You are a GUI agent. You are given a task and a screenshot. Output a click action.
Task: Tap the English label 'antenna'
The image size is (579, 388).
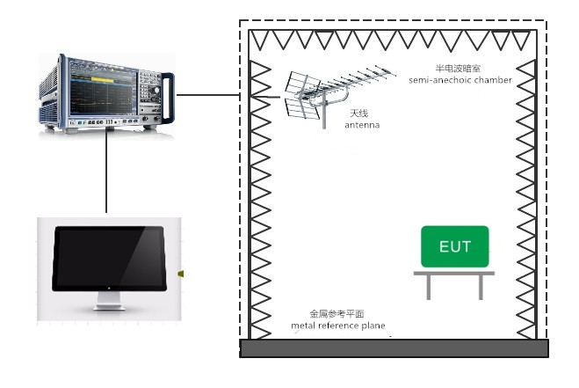click(x=362, y=125)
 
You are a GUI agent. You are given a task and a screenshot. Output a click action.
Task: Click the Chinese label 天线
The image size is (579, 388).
click(x=358, y=113)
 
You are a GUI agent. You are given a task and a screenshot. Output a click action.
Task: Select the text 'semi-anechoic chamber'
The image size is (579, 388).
click(x=460, y=81)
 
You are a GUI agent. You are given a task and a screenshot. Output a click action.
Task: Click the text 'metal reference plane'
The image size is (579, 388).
click(x=338, y=326)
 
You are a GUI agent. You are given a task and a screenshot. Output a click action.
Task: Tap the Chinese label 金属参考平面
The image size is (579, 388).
click(x=336, y=313)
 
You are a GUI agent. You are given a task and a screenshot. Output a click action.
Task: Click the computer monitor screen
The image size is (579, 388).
click(x=109, y=257)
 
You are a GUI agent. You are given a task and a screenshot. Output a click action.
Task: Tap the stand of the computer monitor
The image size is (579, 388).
click(x=109, y=302)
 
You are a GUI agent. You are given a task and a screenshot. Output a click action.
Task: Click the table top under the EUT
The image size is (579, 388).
click(x=453, y=274)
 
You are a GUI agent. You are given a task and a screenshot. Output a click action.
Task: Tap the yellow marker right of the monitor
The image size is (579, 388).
click(x=181, y=274)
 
